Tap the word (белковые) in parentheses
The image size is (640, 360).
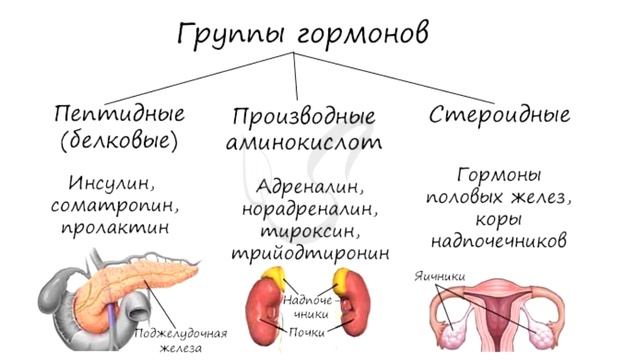tap(117, 140)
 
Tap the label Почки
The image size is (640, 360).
tap(306, 331)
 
